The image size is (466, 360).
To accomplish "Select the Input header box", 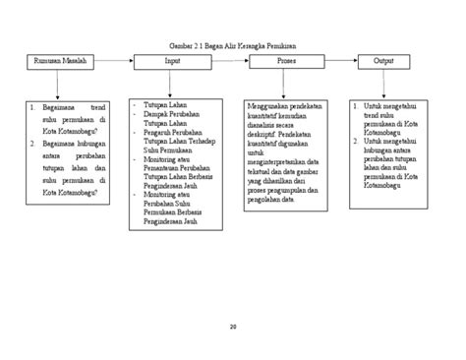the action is click(x=172, y=62).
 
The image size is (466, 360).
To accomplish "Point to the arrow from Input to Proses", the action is click(x=228, y=62).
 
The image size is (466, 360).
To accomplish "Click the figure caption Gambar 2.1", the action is click(x=231, y=47).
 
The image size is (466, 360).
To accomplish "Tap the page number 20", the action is click(x=233, y=327).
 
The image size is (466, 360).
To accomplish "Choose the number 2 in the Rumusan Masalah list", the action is click(x=32, y=142).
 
